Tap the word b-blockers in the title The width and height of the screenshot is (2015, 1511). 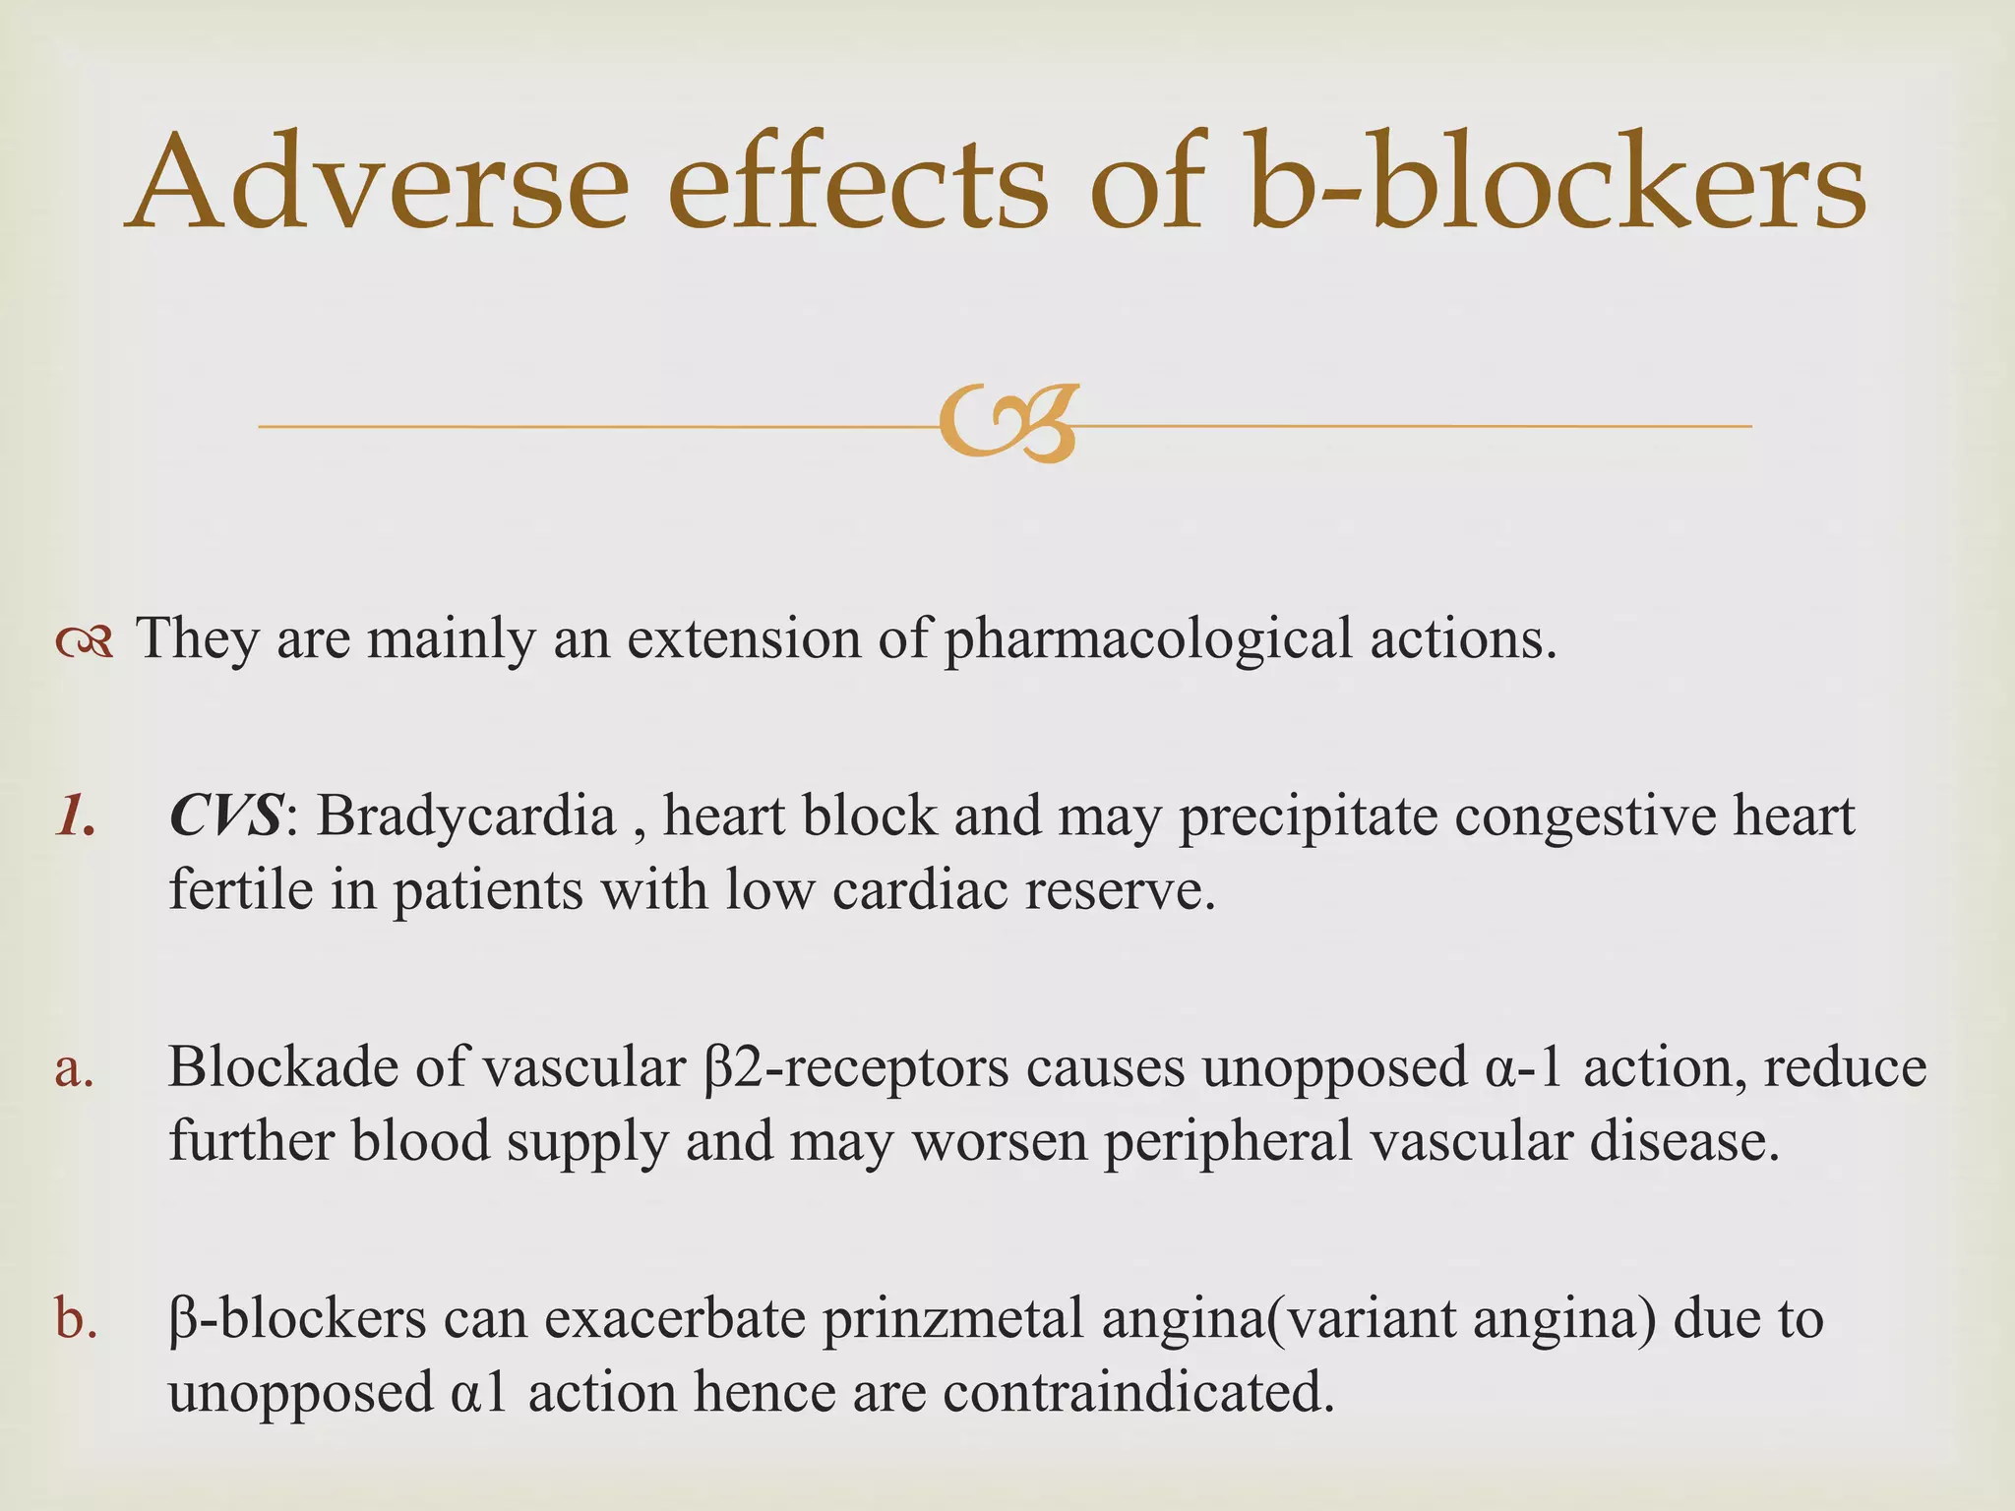(x=1558, y=182)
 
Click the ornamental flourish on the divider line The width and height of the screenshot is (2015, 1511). (x=1008, y=425)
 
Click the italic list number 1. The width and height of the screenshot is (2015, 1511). (x=75, y=816)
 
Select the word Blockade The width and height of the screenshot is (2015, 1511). (x=281, y=1067)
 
